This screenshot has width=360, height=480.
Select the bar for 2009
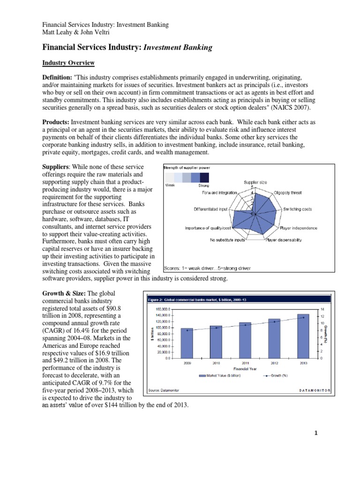187,343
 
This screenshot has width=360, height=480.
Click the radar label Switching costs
297,209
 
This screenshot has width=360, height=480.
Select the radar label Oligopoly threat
287,192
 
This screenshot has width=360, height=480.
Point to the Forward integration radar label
219,192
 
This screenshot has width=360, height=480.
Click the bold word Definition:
58,76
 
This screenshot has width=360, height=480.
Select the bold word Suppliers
56,167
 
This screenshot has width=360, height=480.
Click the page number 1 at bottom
316,433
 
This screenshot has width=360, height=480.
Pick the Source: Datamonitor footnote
161,390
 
